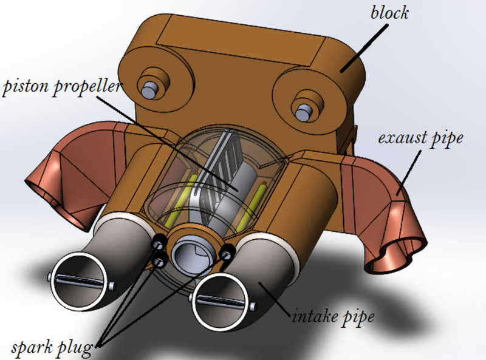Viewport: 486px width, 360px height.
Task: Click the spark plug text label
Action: (x=52, y=348)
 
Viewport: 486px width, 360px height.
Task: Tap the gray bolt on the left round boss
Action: (x=147, y=89)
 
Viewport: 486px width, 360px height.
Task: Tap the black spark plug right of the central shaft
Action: (x=228, y=252)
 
